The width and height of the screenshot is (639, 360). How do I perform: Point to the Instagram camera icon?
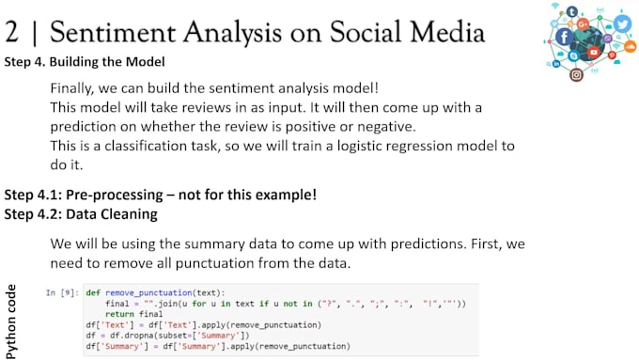[576, 75]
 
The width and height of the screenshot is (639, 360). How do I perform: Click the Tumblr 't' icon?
[572, 10]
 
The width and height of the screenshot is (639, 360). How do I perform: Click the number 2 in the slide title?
[14, 32]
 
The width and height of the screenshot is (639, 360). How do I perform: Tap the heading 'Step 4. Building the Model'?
[85, 62]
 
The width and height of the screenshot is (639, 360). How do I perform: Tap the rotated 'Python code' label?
[11, 321]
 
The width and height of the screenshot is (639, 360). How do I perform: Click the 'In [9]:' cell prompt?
[62, 293]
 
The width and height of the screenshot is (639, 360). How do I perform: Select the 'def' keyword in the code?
[93, 293]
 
